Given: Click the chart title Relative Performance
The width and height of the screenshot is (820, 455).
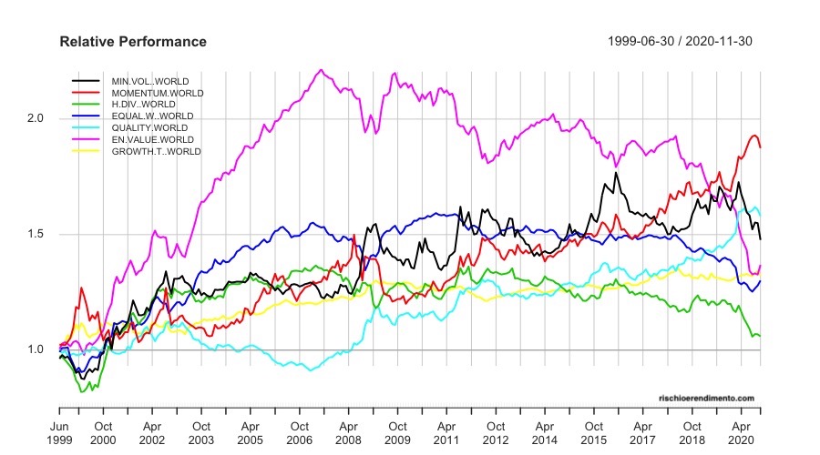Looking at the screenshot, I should click(x=133, y=42).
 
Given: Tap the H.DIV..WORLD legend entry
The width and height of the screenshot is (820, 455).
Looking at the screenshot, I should click(x=143, y=105).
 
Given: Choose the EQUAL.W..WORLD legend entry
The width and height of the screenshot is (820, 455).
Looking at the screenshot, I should click(x=152, y=116).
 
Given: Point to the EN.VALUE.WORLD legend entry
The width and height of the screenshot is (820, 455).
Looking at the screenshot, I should click(x=152, y=139).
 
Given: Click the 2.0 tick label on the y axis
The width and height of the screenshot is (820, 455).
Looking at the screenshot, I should click(x=37, y=118).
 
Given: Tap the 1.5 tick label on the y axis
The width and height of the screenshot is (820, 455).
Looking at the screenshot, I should click(x=37, y=234).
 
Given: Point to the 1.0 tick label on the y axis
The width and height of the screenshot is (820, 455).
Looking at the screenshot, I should click(x=37, y=349).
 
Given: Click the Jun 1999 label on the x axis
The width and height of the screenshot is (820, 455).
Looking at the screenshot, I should click(x=59, y=431).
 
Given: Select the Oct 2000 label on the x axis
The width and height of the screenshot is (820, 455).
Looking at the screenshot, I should click(x=104, y=431).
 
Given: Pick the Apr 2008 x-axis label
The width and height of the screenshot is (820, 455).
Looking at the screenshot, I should click(x=348, y=431).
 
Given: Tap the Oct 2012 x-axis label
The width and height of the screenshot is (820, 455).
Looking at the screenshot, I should click(x=495, y=431).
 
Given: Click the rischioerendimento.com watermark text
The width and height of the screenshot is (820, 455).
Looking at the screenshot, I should click(x=706, y=398).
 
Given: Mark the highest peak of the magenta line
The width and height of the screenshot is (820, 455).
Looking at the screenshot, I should click(x=320, y=69).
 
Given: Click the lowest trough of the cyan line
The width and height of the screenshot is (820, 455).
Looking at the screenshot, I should click(x=312, y=369).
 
